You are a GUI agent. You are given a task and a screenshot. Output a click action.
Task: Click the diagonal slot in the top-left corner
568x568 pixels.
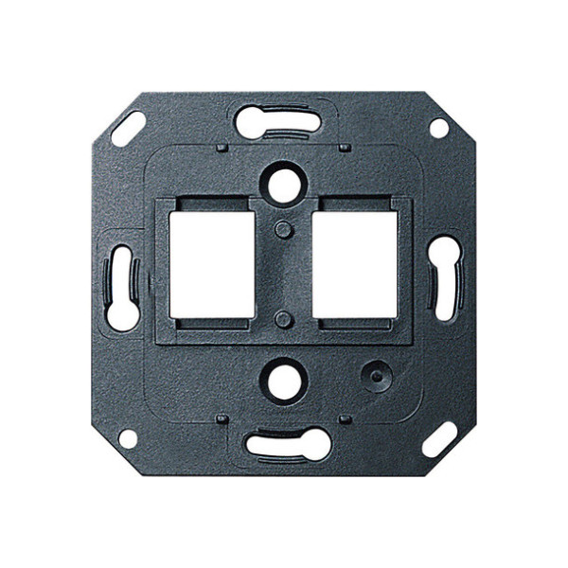coord(128,129)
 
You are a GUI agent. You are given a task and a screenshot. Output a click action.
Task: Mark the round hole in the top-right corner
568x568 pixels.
coord(438,127)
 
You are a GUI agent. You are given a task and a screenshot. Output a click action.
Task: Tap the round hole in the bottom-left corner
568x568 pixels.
coord(127,438)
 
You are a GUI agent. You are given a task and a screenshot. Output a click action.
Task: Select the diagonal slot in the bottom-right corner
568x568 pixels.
coord(439,439)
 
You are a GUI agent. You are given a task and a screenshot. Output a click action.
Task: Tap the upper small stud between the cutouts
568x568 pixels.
coord(282,229)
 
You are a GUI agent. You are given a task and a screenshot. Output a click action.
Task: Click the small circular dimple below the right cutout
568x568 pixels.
coord(376,376)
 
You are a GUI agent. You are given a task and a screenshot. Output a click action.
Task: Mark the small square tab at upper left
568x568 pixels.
coord(221,148)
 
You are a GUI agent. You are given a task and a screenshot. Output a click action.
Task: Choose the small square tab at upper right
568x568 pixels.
coord(345,148)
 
